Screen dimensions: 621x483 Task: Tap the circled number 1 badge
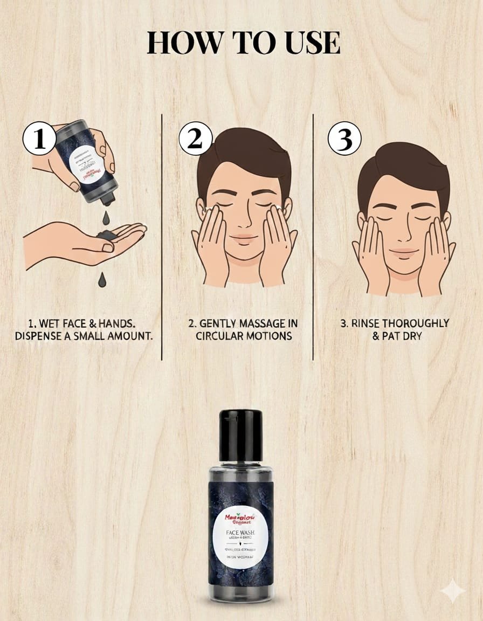coord(39,139)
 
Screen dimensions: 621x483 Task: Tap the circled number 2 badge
coord(195,139)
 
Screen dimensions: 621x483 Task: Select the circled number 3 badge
coord(344,140)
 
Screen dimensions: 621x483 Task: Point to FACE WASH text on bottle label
coord(240,533)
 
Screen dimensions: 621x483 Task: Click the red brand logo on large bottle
coord(240,519)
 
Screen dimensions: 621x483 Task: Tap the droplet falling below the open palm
coord(102,279)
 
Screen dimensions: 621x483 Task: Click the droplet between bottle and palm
coord(106,218)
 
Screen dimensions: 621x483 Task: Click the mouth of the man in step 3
coord(404,251)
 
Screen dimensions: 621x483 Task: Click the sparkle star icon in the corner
coord(453,591)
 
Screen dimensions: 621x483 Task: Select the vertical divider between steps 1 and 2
coord(162,237)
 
